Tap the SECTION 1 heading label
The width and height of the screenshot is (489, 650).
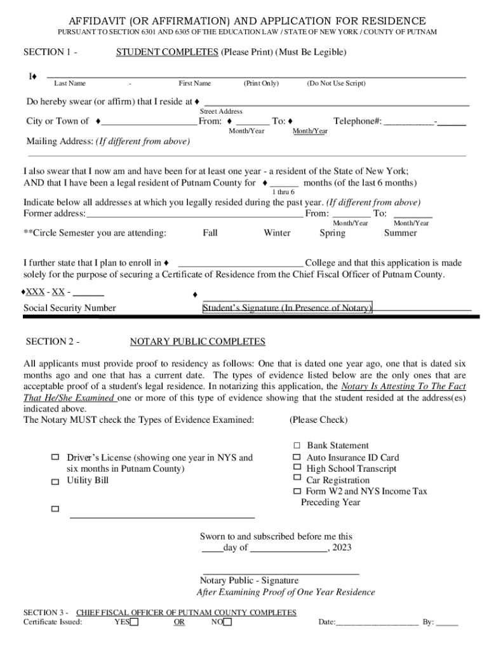(50, 52)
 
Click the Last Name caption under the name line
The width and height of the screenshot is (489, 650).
(70, 83)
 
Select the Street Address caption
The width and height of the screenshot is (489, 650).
(221, 111)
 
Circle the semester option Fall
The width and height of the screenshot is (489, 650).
(210, 233)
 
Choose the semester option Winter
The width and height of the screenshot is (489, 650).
(277, 233)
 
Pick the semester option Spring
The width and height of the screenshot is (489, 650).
(333, 233)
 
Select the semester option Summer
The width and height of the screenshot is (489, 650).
(400, 233)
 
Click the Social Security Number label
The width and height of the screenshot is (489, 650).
(70, 308)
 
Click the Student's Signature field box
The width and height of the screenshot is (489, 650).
(287, 308)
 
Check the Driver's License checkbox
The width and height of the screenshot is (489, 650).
(55, 457)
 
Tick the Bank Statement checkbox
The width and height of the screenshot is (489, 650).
(297, 446)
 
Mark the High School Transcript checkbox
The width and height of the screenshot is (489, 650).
(297, 468)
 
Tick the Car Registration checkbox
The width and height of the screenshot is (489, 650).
(297, 478)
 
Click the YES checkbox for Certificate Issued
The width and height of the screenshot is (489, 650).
(134, 622)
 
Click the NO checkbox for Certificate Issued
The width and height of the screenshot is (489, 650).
(227, 622)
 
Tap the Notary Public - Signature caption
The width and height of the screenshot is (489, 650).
(249, 580)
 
